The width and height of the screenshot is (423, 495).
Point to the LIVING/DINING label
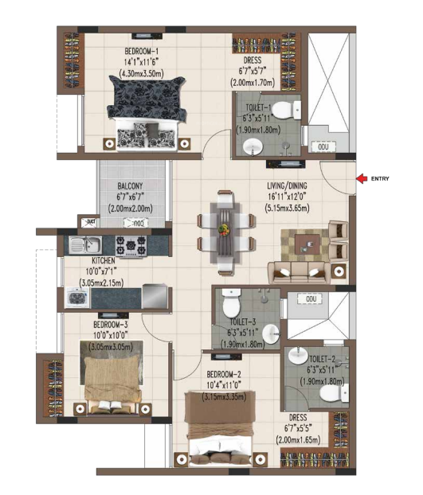point(291,188)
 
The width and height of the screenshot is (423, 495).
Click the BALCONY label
point(132,187)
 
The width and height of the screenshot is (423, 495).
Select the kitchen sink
point(82,245)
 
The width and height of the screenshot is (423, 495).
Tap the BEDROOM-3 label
point(112,325)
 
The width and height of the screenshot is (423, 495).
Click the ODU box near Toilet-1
point(323,147)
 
